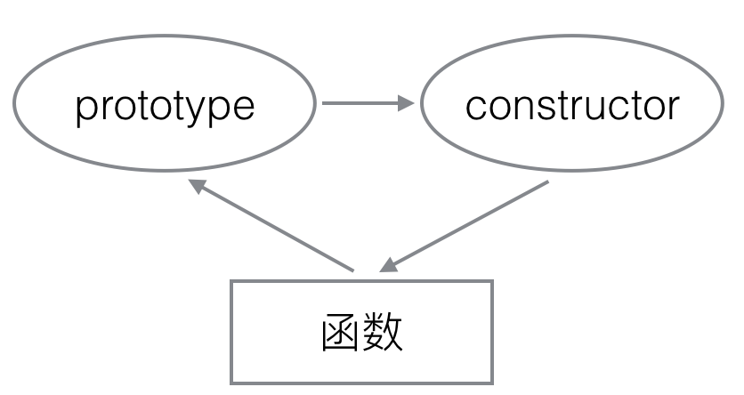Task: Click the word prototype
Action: click(165, 109)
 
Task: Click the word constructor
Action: click(572, 106)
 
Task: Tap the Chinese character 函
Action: click(340, 333)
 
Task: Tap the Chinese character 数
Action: click(384, 333)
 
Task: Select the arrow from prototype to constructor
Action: click(368, 103)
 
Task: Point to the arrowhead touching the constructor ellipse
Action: click(406, 103)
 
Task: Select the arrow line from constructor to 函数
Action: click(464, 226)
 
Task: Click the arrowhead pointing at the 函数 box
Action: click(388, 266)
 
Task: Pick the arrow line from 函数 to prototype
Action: click(271, 226)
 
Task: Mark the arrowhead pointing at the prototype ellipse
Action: click(197, 185)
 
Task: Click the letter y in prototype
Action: click(198, 112)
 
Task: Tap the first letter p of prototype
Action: click(86, 112)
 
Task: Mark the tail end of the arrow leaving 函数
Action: click(353, 271)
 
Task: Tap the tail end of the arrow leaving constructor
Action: click(548, 181)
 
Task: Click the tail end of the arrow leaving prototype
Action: click(323, 103)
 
